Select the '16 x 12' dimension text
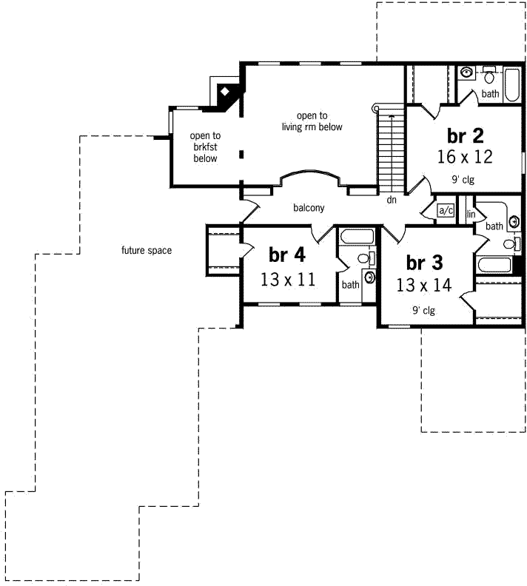point(465,157)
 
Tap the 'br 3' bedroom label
point(424,263)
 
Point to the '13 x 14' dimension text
point(424,285)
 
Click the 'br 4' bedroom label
point(286,255)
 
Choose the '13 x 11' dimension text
point(287,279)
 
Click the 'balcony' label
point(309,208)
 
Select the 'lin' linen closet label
point(470,214)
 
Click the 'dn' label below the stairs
point(391,200)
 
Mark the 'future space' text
point(147,251)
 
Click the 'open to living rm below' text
point(312,121)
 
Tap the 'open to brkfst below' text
point(205,146)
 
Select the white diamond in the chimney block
point(224,92)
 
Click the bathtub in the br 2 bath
point(512,79)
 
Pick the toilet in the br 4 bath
point(363,259)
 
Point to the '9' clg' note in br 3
point(423,311)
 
